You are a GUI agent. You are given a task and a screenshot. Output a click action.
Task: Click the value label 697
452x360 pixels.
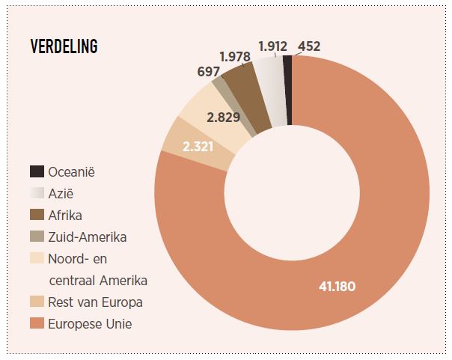click(208, 71)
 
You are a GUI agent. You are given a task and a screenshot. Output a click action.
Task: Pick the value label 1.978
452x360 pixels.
click(235, 56)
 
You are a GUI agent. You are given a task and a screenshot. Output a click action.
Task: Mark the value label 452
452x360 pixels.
click(309, 46)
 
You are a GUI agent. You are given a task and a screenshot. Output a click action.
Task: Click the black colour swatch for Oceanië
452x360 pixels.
click(37, 172)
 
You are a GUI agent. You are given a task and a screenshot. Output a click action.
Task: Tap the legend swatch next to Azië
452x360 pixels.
click(37, 194)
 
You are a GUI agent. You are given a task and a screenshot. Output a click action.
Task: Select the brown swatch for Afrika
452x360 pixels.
click(37, 216)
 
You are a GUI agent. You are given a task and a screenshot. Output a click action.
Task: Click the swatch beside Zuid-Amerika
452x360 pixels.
click(37, 237)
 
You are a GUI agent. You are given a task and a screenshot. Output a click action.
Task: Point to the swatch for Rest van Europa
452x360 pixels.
click(37, 302)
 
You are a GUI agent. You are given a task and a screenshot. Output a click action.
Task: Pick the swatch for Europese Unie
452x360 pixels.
click(37, 324)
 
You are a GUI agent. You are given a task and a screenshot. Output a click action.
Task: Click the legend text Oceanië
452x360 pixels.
click(72, 172)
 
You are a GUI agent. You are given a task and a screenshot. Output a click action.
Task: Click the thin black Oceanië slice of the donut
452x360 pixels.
click(287, 90)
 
